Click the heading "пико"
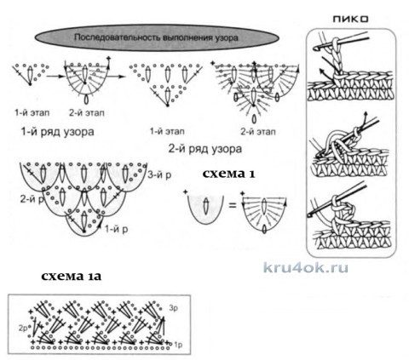[350, 19]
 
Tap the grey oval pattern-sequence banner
[157, 37]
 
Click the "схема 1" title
[228, 174]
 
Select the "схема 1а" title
[71, 276]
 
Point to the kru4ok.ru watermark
[306, 267]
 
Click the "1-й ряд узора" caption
[57, 132]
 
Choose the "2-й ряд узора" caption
[205, 149]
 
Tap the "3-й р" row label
[159, 174]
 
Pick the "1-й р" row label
[117, 229]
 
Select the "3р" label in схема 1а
[173, 308]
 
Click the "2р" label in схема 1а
[23, 329]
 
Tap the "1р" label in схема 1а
[178, 345]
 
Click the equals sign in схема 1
[233, 205]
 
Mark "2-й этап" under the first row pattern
[87, 113]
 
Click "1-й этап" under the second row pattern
[167, 131]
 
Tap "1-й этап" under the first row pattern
[32, 113]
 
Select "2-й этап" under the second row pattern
[258, 132]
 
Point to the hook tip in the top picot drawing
[314, 49]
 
